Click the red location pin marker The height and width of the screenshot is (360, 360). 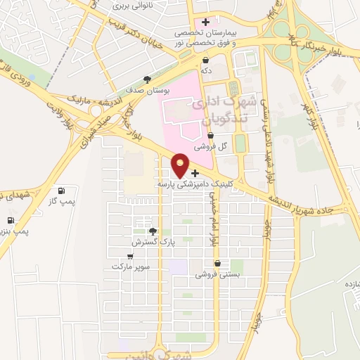click(x=181, y=165)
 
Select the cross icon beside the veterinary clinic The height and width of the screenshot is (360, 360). click(x=195, y=173)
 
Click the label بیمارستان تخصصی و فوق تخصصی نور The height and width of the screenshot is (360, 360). click(x=207, y=38)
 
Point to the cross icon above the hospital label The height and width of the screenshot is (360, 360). click(x=205, y=22)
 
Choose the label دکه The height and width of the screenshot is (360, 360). click(x=205, y=72)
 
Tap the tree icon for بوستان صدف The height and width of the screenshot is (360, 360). click(x=147, y=79)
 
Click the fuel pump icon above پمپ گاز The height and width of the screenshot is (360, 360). click(x=61, y=190)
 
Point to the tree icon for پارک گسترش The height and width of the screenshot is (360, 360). click(x=153, y=231)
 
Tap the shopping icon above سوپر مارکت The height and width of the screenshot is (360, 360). click(x=129, y=256)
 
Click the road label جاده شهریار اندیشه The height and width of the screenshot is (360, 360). click(x=309, y=206)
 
